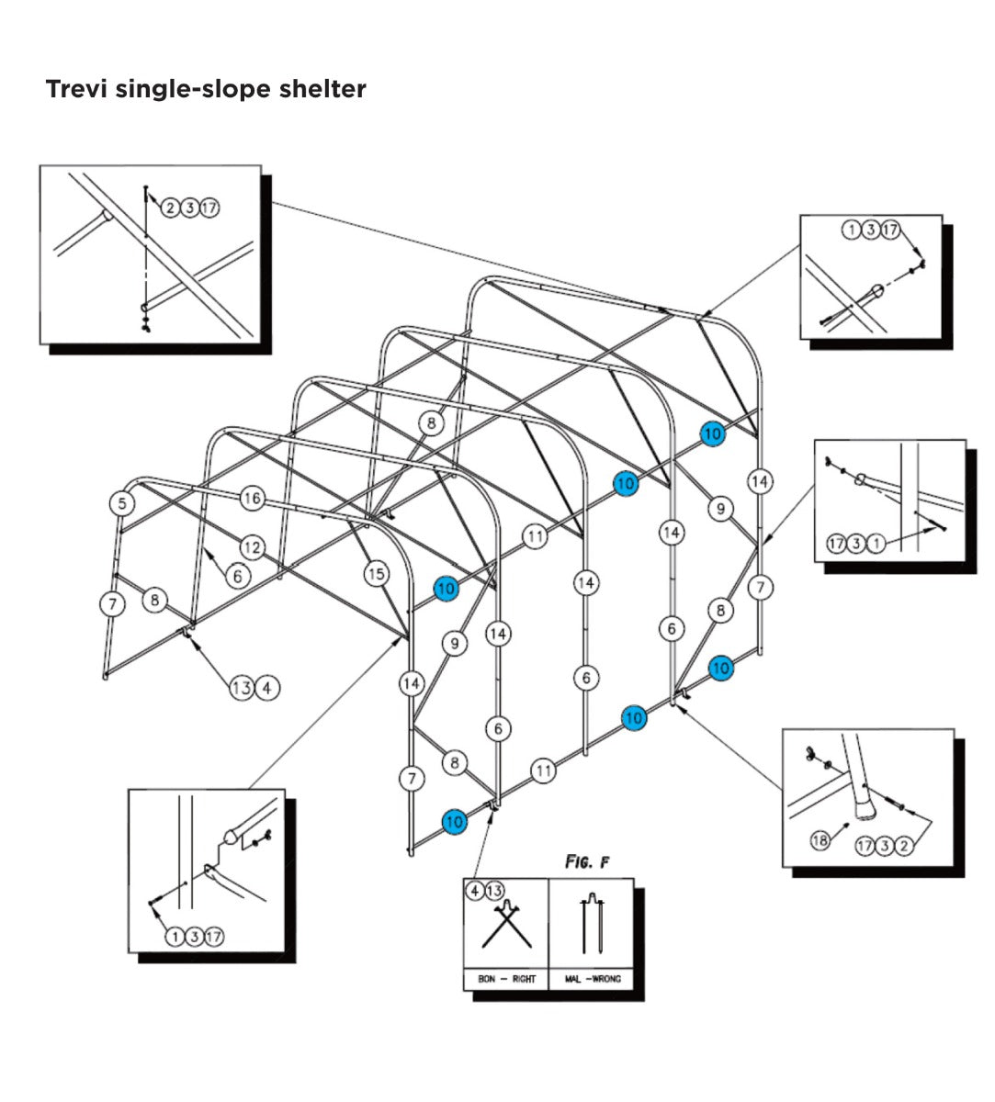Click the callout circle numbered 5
[122, 502]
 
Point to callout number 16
[252, 499]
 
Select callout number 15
[376, 574]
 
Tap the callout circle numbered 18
[820, 839]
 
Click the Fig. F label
[586, 862]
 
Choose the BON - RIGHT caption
[506, 979]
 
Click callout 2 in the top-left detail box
[170, 208]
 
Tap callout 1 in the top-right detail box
[852, 230]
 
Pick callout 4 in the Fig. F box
[475, 891]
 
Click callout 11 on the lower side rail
[544, 770]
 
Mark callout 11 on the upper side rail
[535, 535]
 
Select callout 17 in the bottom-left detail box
[214, 937]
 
